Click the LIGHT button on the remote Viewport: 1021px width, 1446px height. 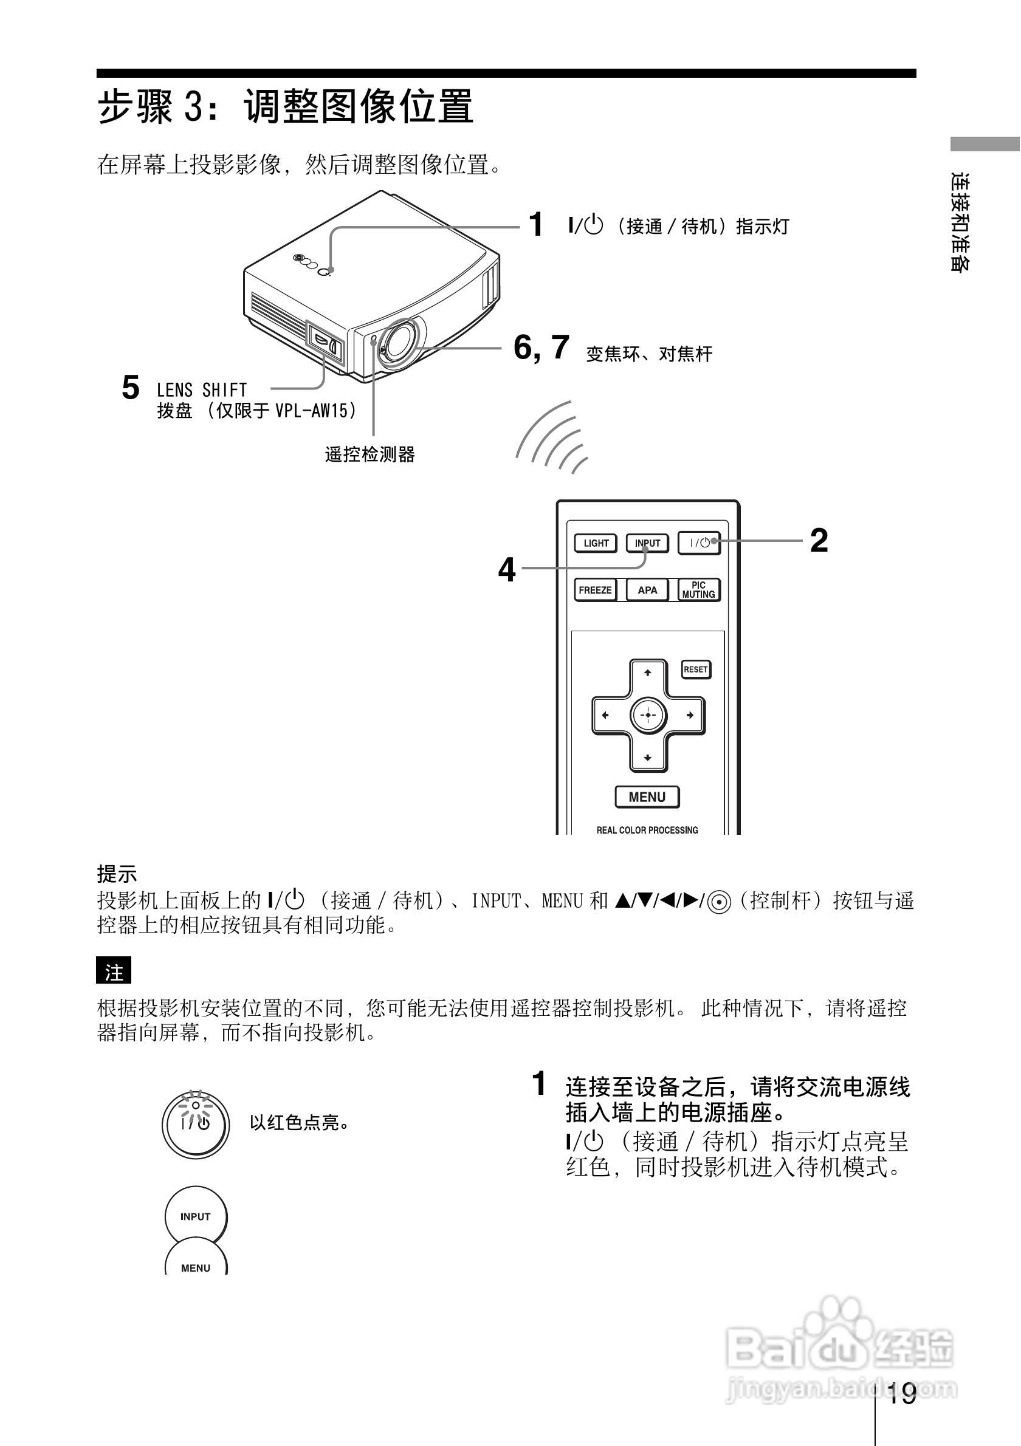click(x=595, y=543)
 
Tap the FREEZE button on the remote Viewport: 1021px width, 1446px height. click(x=595, y=590)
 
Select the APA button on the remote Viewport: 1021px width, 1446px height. click(x=647, y=590)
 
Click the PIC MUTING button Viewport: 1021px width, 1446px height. click(x=698, y=590)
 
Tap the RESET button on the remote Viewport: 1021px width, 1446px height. click(x=696, y=669)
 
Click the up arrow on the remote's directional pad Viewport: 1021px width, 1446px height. click(x=647, y=673)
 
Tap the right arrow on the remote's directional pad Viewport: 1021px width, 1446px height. click(x=690, y=716)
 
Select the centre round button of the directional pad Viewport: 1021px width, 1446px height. click(x=647, y=716)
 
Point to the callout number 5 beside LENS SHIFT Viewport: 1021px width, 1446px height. click(x=131, y=388)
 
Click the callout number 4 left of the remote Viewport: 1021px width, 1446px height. click(x=506, y=570)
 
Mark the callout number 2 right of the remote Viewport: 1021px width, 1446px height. click(x=819, y=540)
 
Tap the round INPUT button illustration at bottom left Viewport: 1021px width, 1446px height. click(x=195, y=1216)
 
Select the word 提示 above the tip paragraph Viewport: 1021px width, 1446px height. click(x=117, y=874)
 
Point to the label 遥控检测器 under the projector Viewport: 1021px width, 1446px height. click(x=370, y=454)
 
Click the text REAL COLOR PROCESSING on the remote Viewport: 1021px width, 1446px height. click(x=647, y=830)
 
